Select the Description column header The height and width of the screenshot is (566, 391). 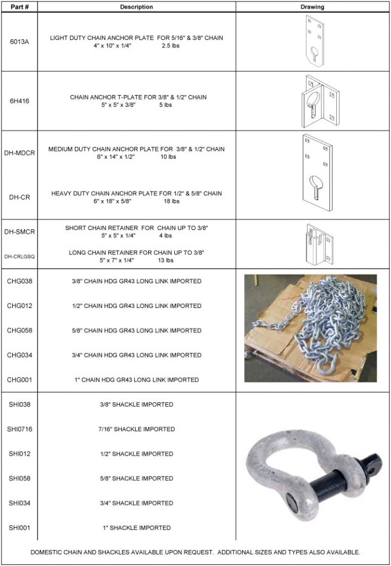tap(136, 7)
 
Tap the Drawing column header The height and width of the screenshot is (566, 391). tap(312, 7)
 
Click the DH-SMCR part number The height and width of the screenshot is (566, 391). tap(19, 232)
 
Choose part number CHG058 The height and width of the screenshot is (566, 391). tap(19, 331)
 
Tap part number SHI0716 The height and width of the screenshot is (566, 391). tap(21, 429)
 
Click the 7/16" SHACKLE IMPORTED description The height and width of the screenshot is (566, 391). tap(136, 429)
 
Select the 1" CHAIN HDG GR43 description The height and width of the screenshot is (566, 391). tap(136, 380)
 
